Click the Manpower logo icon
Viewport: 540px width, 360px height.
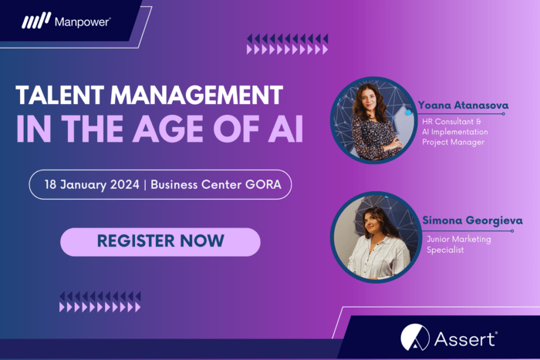(36, 22)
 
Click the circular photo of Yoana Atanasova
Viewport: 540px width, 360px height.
(373, 120)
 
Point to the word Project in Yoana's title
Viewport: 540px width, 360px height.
(437, 143)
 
